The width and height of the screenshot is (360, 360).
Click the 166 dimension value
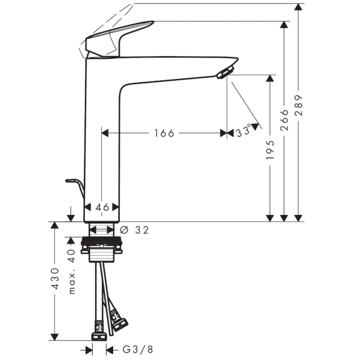tap(164, 133)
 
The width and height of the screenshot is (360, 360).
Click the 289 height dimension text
tap(299, 105)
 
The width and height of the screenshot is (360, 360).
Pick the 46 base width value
tap(102, 207)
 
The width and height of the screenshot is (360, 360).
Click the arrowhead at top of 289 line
tap(298, 7)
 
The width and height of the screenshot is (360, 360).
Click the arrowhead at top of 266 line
tap(283, 25)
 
